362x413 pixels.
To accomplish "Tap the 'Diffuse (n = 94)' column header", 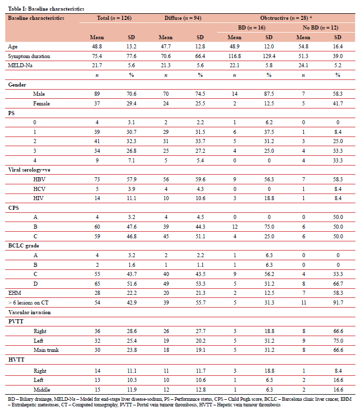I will click(x=183, y=18).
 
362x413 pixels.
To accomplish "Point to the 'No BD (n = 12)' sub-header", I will click(x=320, y=27).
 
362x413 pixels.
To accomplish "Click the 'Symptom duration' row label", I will click(x=27, y=56).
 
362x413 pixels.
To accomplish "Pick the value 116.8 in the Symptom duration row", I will click(x=236, y=56).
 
